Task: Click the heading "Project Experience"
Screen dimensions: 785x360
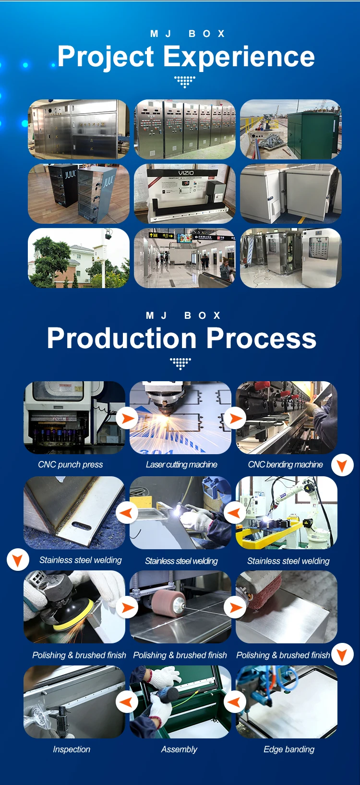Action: [186, 57]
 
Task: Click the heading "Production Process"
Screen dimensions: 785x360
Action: [181, 338]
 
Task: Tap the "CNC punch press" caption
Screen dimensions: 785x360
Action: [70, 464]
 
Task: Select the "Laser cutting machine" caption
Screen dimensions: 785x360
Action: [181, 464]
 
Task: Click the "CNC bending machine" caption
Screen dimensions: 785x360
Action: [285, 464]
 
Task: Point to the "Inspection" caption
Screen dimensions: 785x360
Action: [72, 749]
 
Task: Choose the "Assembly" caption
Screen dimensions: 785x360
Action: [179, 749]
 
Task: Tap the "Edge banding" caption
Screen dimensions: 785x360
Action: [289, 749]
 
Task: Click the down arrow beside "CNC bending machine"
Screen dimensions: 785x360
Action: [342, 465]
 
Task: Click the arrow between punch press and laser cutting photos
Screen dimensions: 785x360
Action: [127, 418]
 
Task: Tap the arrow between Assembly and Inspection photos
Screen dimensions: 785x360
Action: [127, 702]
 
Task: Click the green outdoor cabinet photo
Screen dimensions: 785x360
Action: [290, 129]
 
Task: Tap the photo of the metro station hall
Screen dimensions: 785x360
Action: [185, 258]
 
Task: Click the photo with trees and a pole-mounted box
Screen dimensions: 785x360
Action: [79, 258]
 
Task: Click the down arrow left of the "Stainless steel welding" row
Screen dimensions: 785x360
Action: [18, 560]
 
